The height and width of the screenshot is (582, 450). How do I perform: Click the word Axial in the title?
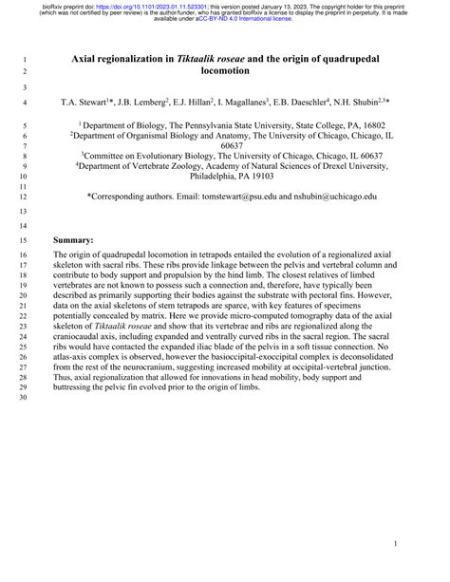(89, 59)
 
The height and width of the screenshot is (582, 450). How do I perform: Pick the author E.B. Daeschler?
(302, 99)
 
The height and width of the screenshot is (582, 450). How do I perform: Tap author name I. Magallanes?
(234, 99)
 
